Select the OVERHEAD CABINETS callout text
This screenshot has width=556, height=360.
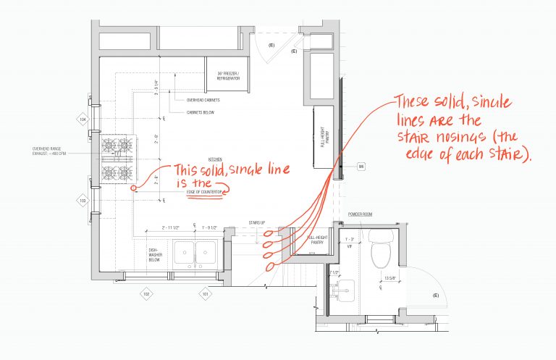(x=203, y=100)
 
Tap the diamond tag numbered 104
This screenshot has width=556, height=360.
(x=83, y=119)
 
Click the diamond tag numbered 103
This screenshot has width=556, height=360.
(x=83, y=201)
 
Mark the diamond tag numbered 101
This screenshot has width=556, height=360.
(x=206, y=293)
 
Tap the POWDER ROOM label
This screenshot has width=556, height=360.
(x=359, y=214)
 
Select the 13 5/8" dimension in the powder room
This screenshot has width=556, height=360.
(x=392, y=277)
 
